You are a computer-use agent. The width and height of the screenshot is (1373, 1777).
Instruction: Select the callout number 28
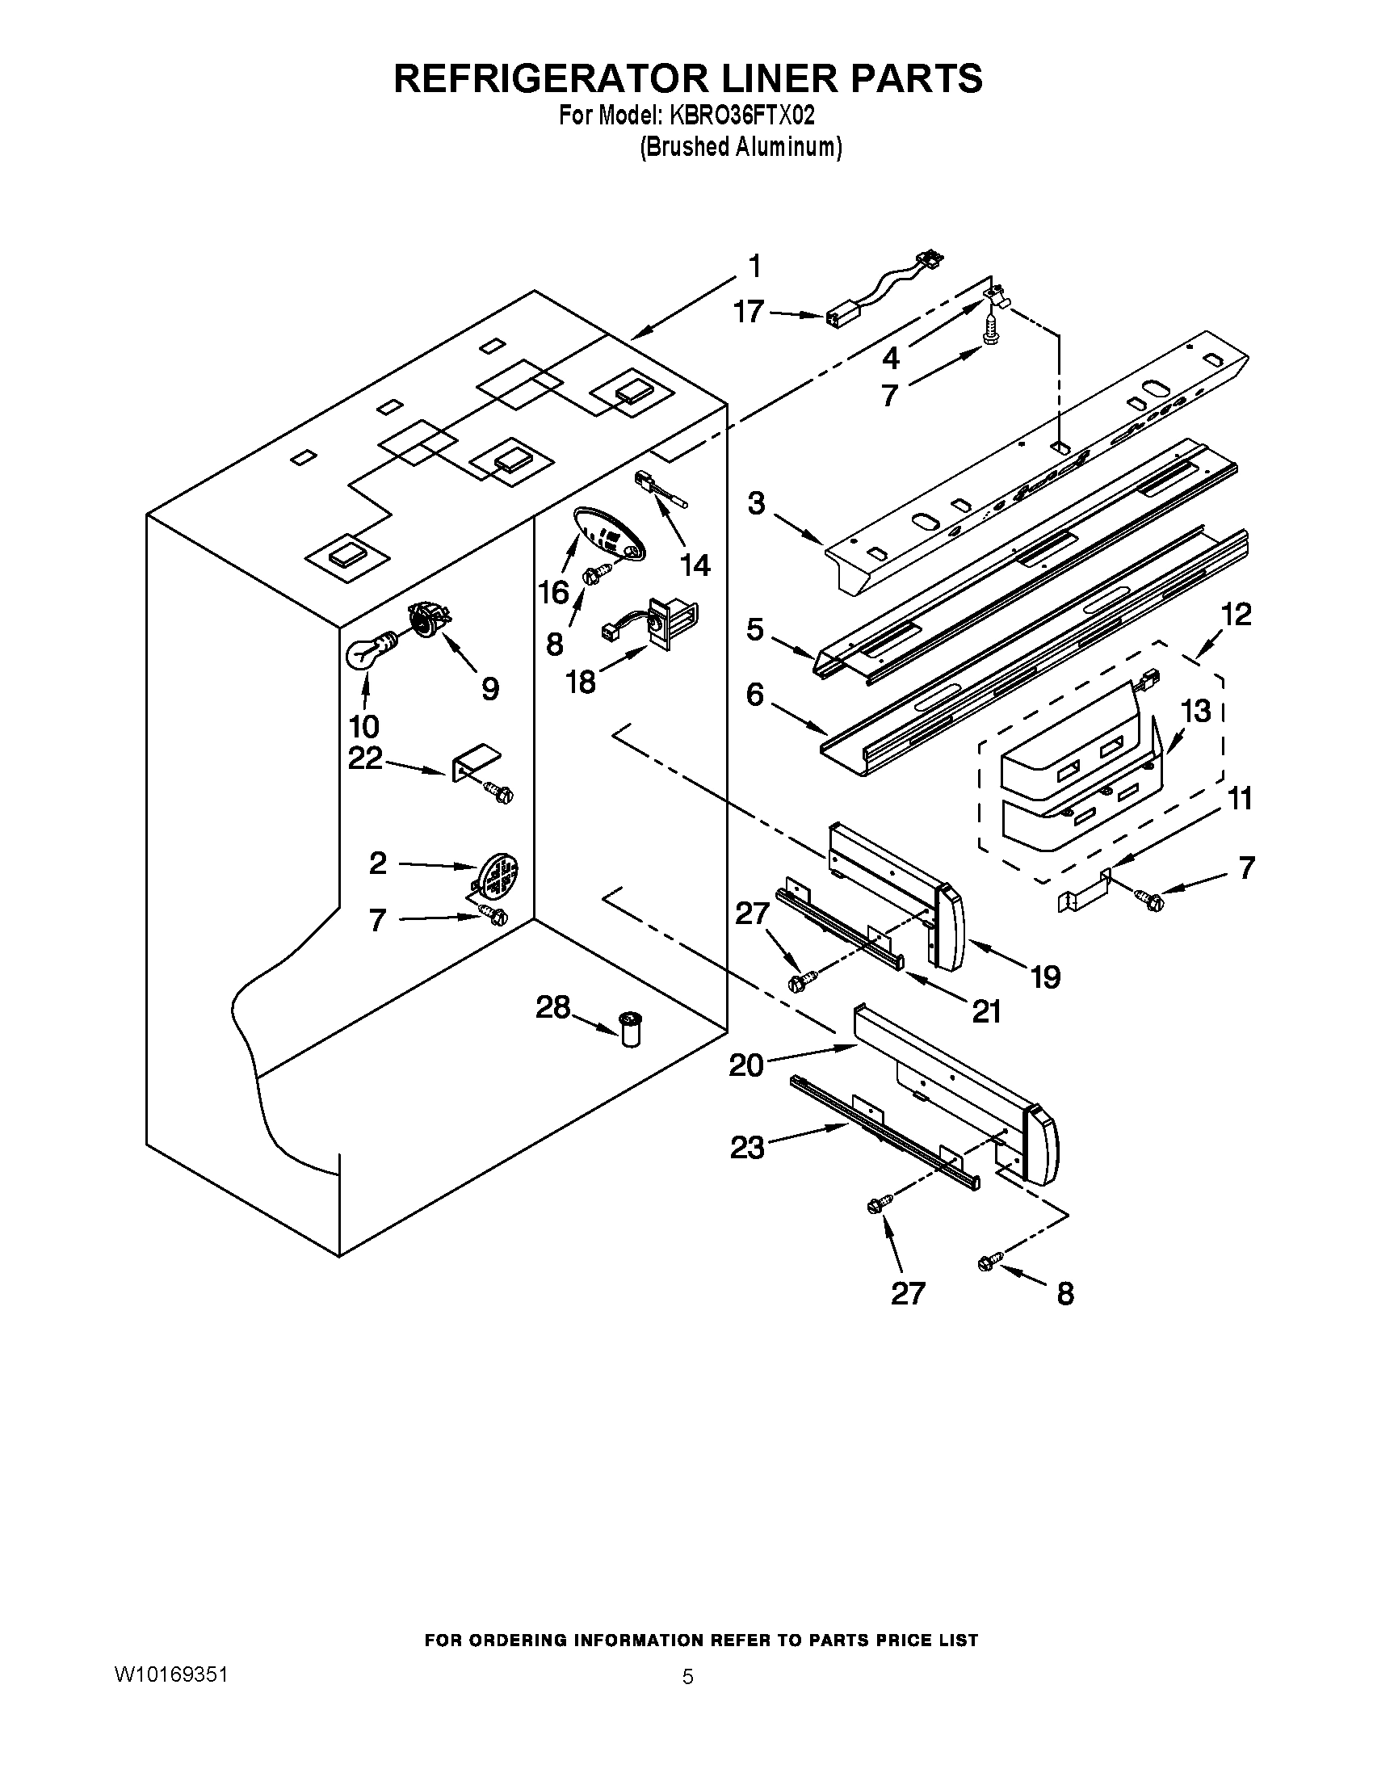(552, 1008)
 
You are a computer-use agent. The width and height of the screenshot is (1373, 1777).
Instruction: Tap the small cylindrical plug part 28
(630, 1028)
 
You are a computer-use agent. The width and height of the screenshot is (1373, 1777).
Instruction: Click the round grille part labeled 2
(498, 874)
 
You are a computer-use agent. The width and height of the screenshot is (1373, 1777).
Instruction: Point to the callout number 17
(749, 311)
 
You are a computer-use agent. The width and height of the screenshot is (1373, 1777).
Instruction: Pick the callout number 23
(748, 1147)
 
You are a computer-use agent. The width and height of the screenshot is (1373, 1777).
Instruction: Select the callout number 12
(1236, 615)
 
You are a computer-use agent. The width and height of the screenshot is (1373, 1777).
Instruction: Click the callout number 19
(1046, 977)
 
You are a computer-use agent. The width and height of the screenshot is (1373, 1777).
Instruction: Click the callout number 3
(757, 504)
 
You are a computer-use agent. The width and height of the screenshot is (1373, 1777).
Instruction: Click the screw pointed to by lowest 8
(989, 1262)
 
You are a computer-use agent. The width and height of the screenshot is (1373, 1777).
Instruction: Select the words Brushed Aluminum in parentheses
(740, 147)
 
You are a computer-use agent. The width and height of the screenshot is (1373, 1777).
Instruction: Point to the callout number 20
(746, 1065)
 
